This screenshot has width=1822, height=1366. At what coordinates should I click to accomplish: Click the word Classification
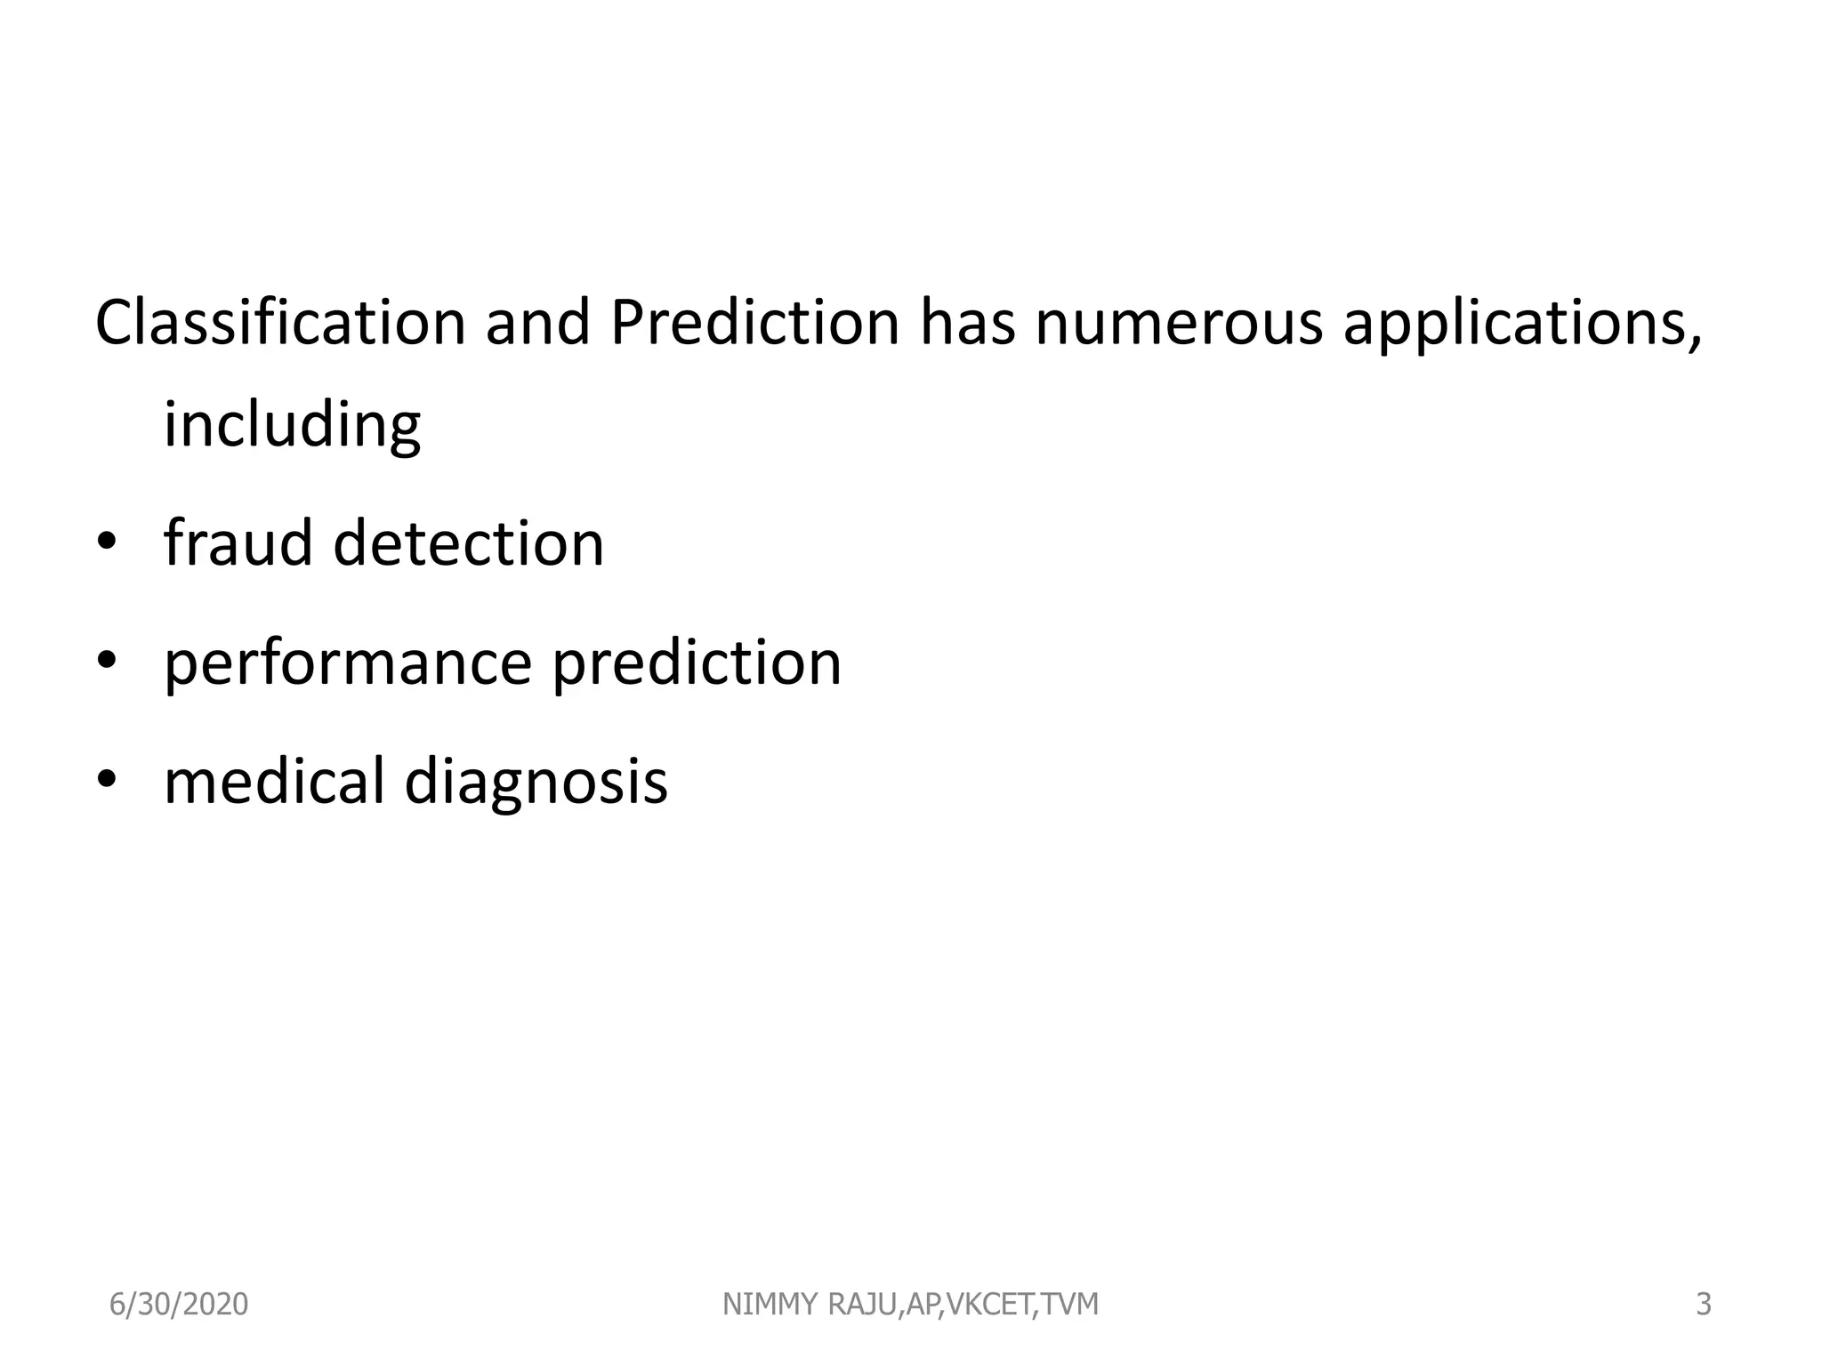(280, 322)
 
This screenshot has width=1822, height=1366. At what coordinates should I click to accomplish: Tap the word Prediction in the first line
(754, 322)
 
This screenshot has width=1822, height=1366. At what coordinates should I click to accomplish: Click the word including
(292, 426)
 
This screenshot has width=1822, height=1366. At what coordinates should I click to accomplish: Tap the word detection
(468, 542)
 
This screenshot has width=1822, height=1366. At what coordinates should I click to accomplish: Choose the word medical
(274, 781)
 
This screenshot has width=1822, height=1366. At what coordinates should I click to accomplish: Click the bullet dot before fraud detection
(107, 542)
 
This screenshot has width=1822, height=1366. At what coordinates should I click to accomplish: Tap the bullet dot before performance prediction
(107, 662)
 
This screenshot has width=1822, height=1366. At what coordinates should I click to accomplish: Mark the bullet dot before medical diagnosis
(107, 780)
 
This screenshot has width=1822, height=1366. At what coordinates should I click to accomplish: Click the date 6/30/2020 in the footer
(178, 1305)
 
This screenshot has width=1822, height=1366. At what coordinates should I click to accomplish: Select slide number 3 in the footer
(1703, 1305)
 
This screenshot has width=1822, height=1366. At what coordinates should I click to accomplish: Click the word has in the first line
(966, 322)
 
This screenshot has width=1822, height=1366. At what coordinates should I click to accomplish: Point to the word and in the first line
(537, 322)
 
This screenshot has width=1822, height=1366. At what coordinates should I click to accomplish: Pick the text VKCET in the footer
(988, 1305)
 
